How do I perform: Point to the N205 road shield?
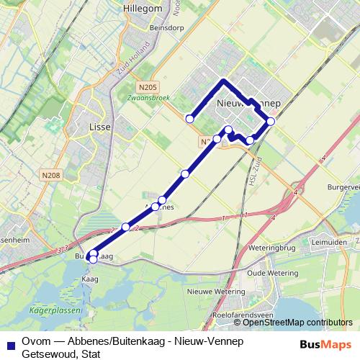tap(149, 88)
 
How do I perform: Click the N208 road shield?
tap(50, 174)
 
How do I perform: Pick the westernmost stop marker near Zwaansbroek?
tap(190, 119)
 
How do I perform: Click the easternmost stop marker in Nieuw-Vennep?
tap(271, 121)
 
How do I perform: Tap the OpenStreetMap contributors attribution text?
tap(297, 323)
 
